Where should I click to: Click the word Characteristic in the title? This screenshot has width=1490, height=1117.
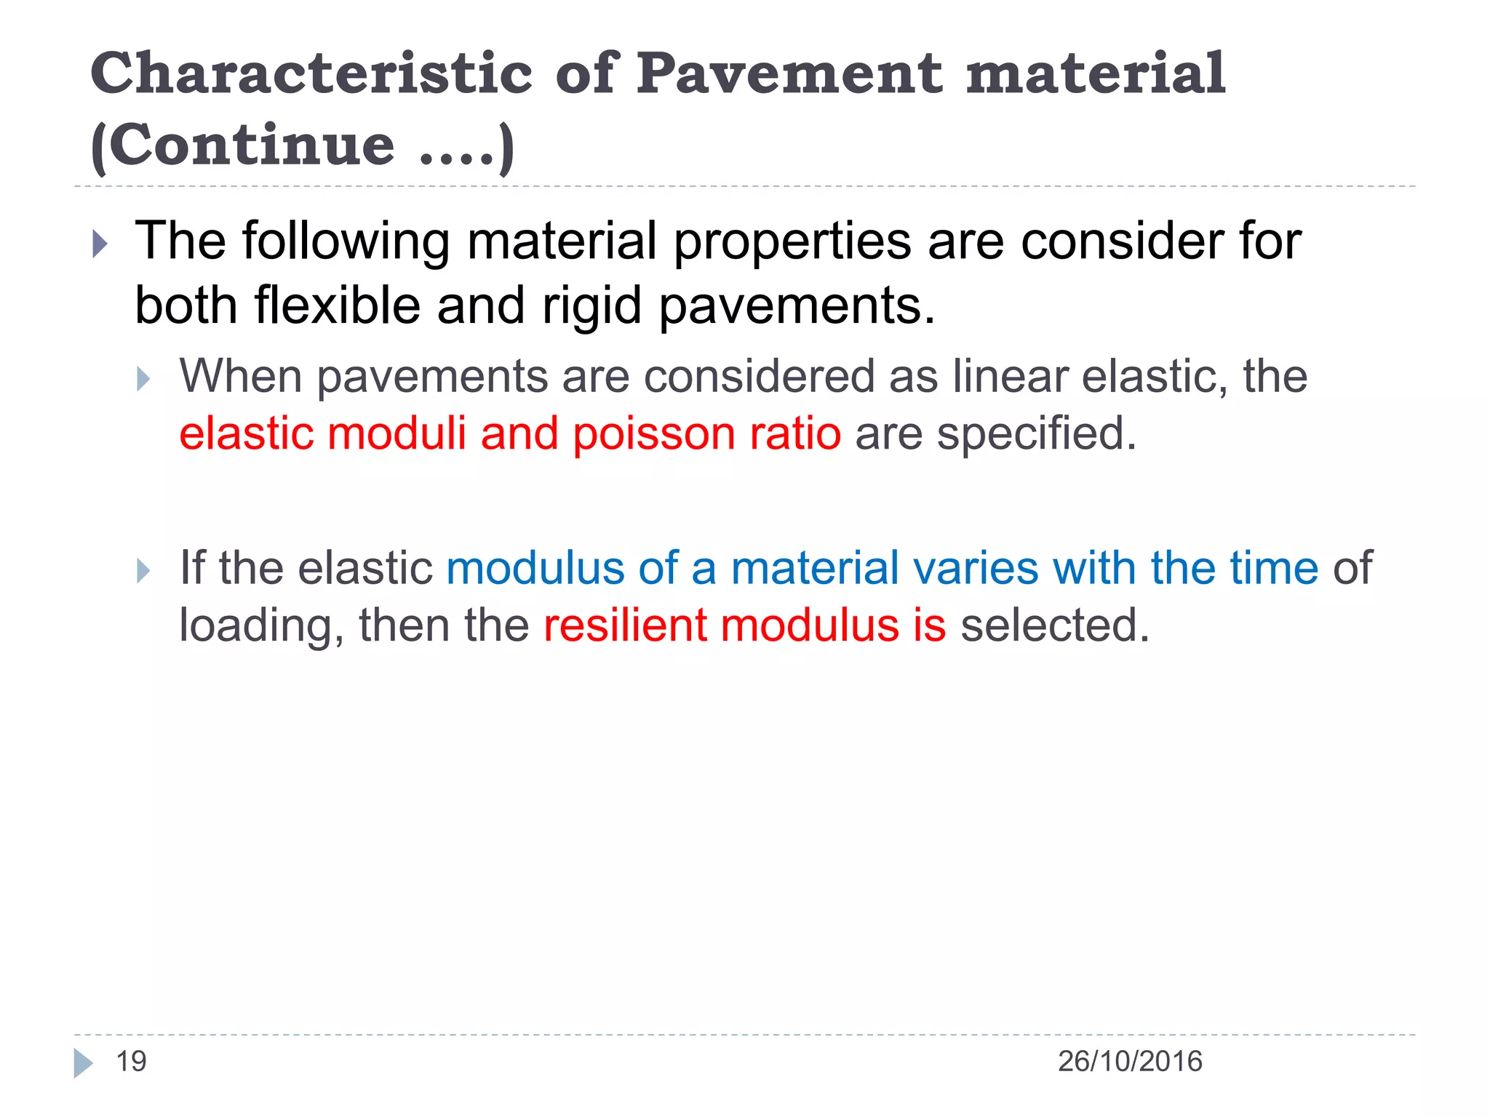pyautogui.click(x=311, y=74)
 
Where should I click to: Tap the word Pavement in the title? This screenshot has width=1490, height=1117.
pyautogui.click(x=789, y=74)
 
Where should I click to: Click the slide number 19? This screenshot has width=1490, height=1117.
pyautogui.click(x=132, y=1062)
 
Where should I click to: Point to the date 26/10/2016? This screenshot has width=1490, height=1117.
pyautogui.click(x=1130, y=1062)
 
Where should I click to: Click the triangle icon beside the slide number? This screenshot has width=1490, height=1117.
pyautogui.click(x=83, y=1063)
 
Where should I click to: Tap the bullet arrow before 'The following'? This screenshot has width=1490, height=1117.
pyautogui.click(x=100, y=244)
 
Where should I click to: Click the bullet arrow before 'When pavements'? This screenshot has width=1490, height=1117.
pyautogui.click(x=143, y=379)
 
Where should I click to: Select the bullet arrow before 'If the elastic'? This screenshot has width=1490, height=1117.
pyautogui.click(x=143, y=570)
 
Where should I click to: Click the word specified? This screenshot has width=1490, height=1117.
pyautogui.click(x=1036, y=434)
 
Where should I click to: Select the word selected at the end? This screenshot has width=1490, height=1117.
pyautogui.click(x=1055, y=625)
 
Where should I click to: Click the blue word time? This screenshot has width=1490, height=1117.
pyautogui.click(x=1274, y=568)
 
